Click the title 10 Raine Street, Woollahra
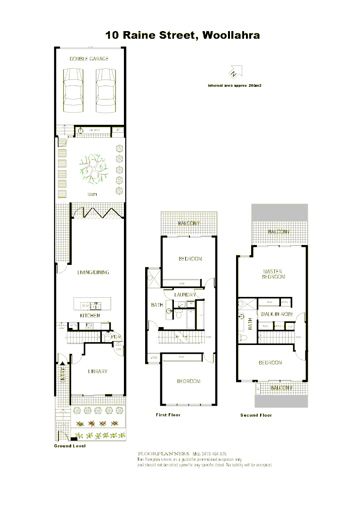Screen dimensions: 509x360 click(182, 35)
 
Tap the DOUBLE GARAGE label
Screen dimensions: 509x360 click(89, 59)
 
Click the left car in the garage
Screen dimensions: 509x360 click(74, 90)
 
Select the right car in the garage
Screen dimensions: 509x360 click(106, 90)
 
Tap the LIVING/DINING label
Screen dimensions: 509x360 click(93, 272)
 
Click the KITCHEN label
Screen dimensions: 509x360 click(90, 315)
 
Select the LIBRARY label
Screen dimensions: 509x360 click(98, 371)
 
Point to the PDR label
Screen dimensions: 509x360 click(116, 337)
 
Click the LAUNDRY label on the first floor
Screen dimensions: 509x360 click(185, 295)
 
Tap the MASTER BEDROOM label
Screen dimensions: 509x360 click(273, 274)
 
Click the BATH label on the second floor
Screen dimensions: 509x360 click(250, 324)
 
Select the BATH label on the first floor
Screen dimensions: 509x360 click(156, 305)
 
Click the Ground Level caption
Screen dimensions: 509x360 click(69, 446)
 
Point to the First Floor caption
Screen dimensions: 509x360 click(168, 415)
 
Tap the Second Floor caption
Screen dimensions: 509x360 click(256, 415)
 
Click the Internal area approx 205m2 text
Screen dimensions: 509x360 click(235, 86)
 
